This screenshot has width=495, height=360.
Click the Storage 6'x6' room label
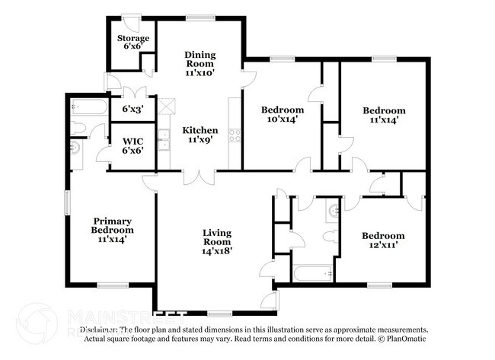(x=133, y=43)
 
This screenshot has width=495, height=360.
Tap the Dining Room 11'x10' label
(x=200, y=65)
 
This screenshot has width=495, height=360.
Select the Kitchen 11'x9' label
(x=199, y=135)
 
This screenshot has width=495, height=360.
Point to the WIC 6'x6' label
(x=133, y=146)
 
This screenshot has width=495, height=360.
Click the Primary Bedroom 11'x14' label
(x=112, y=230)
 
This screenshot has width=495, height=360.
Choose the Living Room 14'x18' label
(x=216, y=241)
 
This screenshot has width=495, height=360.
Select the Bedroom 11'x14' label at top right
(x=383, y=115)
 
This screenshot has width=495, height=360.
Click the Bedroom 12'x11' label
(x=383, y=241)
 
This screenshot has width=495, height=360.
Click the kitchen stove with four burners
(x=235, y=135)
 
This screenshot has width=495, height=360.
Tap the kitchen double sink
(x=164, y=139)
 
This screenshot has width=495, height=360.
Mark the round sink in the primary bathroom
(x=75, y=147)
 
